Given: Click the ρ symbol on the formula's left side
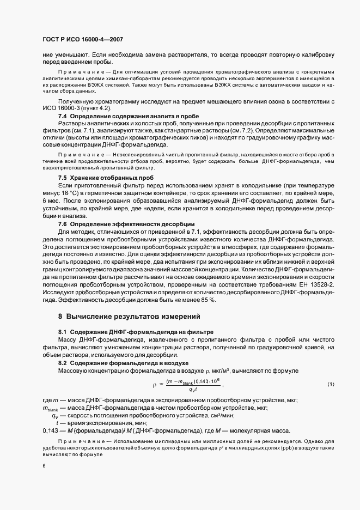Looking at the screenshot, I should coord(155,385).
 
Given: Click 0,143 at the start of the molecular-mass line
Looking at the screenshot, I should coord(50,429).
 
